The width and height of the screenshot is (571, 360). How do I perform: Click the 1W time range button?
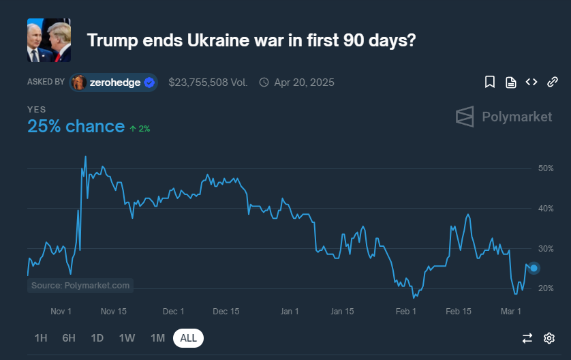click(127, 338)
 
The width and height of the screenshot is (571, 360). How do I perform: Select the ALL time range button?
click(188, 338)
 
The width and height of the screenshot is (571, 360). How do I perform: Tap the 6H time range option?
click(69, 338)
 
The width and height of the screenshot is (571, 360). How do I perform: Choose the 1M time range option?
click(157, 338)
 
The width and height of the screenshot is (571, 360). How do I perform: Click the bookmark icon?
click(490, 82)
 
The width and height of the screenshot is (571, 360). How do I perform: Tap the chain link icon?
click(553, 82)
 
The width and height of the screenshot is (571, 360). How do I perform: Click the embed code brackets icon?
click(531, 82)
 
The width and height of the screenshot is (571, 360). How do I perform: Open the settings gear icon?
click(549, 338)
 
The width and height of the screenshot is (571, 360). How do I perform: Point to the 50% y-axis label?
click(546, 168)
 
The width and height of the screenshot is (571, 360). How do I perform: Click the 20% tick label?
click(546, 288)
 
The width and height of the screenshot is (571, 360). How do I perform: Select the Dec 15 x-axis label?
click(226, 312)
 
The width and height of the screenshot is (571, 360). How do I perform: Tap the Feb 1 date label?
click(405, 312)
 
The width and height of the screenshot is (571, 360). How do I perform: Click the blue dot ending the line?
click(534, 268)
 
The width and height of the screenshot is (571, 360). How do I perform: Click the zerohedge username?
click(115, 82)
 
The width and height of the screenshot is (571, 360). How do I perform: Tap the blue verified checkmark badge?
click(149, 82)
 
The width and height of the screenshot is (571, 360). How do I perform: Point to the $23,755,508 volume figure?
click(208, 82)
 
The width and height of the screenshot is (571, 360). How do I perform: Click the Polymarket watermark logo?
click(504, 117)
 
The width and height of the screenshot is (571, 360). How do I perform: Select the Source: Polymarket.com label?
click(80, 285)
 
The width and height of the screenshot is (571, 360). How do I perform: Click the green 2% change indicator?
click(140, 129)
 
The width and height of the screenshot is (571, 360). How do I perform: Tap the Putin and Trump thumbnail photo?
click(49, 40)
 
